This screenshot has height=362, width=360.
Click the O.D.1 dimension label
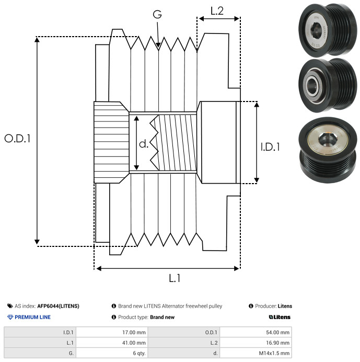[18, 139]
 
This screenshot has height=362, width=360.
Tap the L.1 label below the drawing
[175, 278]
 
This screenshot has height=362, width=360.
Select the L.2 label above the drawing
[217, 10]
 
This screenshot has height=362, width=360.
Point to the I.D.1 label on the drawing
[270, 147]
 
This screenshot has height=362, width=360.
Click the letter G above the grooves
[157, 14]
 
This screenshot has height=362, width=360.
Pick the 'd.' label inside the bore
[144, 143]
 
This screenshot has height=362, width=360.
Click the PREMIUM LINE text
[32, 317]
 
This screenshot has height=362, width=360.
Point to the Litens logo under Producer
[280, 317]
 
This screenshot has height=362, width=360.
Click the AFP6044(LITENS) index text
[58, 306]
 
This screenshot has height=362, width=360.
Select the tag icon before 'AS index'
[10, 306]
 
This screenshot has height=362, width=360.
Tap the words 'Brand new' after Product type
[162, 317]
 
